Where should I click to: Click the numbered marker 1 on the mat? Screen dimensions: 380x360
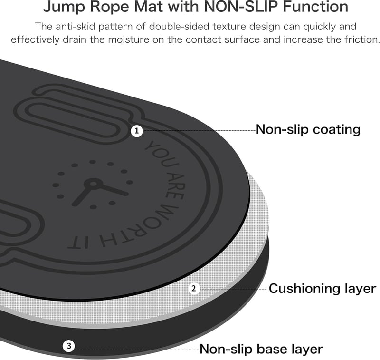pyautogui.click(x=137, y=131)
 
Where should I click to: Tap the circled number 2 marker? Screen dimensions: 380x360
pyautogui.click(x=194, y=289)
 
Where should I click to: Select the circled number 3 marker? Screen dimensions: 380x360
pyautogui.click(x=69, y=346)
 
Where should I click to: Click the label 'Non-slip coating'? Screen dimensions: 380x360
pyautogui.click(x=308, y=129)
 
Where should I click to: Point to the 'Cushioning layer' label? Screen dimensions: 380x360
pyautogui.click(x=323, y=289)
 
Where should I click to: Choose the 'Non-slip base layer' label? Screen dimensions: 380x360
pyautogui.click(x=261, y=349)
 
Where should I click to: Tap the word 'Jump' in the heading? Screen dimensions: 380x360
pyautogui.click(x=64, y=7)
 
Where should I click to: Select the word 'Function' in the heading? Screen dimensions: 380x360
pyautogui.click(x=315, y=7)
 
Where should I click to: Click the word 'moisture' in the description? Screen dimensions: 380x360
pyautogui.click(x=128, y=39)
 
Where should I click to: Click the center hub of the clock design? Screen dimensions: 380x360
pyautogui.click(x=93, y=184)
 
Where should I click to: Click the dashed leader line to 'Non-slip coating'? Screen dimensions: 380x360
pyautogui.click(x=199, y=130)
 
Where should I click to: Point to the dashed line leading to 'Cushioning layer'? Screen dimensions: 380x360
pyautogui.click(x=233, y=289)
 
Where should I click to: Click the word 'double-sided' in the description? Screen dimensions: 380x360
pyautogui.click(x=180, y=27)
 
